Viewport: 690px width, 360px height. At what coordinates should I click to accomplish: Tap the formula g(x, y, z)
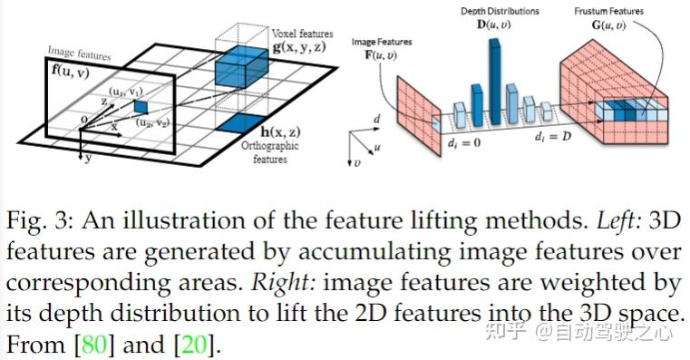(x=298, y=46)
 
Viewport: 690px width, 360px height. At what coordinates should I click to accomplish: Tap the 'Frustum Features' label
(x=607, y=12)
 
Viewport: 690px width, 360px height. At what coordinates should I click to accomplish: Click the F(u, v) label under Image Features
(x=380, y=56)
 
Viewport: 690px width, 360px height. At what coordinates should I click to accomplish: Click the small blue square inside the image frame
(x=141, y=107)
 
